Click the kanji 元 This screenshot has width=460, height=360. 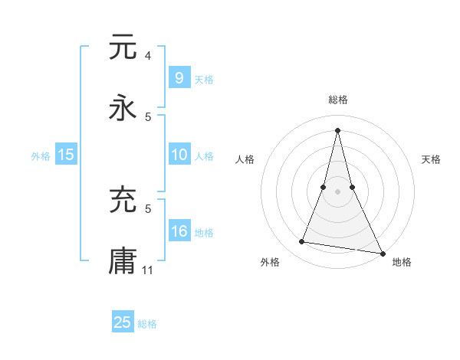123,47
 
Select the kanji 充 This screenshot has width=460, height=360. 123,200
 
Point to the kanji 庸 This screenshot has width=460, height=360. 123,261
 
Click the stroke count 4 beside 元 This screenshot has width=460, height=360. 147,56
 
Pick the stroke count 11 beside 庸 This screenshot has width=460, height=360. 149,270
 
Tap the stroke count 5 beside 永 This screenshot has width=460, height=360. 147,117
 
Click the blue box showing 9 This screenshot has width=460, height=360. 179,78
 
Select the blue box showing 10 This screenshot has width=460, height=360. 179,155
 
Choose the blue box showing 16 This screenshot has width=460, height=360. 179,231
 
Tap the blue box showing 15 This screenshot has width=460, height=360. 66,155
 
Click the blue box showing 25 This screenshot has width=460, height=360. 123,322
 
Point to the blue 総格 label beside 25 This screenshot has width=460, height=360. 147,324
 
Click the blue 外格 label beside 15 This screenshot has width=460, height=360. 41,155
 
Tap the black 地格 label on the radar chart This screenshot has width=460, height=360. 402,262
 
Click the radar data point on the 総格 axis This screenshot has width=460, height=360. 337,129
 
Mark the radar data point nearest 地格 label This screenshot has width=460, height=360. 382,252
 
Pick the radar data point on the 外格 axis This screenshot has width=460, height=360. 302,242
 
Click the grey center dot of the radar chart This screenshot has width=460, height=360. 337,191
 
